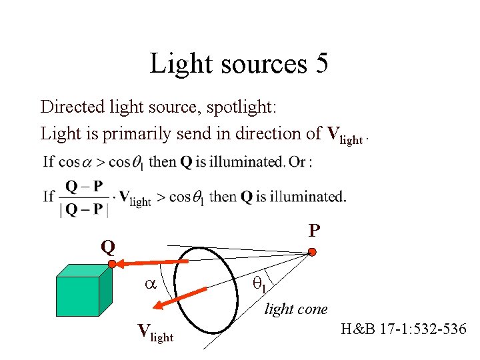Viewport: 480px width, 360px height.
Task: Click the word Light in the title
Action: click(x=176, y=64)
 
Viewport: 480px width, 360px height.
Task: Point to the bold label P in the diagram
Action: click(x=314, y=231)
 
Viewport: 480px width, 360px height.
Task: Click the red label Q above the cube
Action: click(x=107, y=247)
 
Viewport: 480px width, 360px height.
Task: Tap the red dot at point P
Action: click(x=311, y=252)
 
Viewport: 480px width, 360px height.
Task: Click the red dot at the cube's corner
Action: click(x=113, y=265)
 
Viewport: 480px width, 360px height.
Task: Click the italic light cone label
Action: click(x=296, y=309)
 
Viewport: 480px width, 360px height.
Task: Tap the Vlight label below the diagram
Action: click(x=155, y=331)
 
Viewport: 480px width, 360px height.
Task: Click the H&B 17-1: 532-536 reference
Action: click(x=403, y=329)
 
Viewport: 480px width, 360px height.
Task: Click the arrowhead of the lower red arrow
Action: click(x=158, y=306)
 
